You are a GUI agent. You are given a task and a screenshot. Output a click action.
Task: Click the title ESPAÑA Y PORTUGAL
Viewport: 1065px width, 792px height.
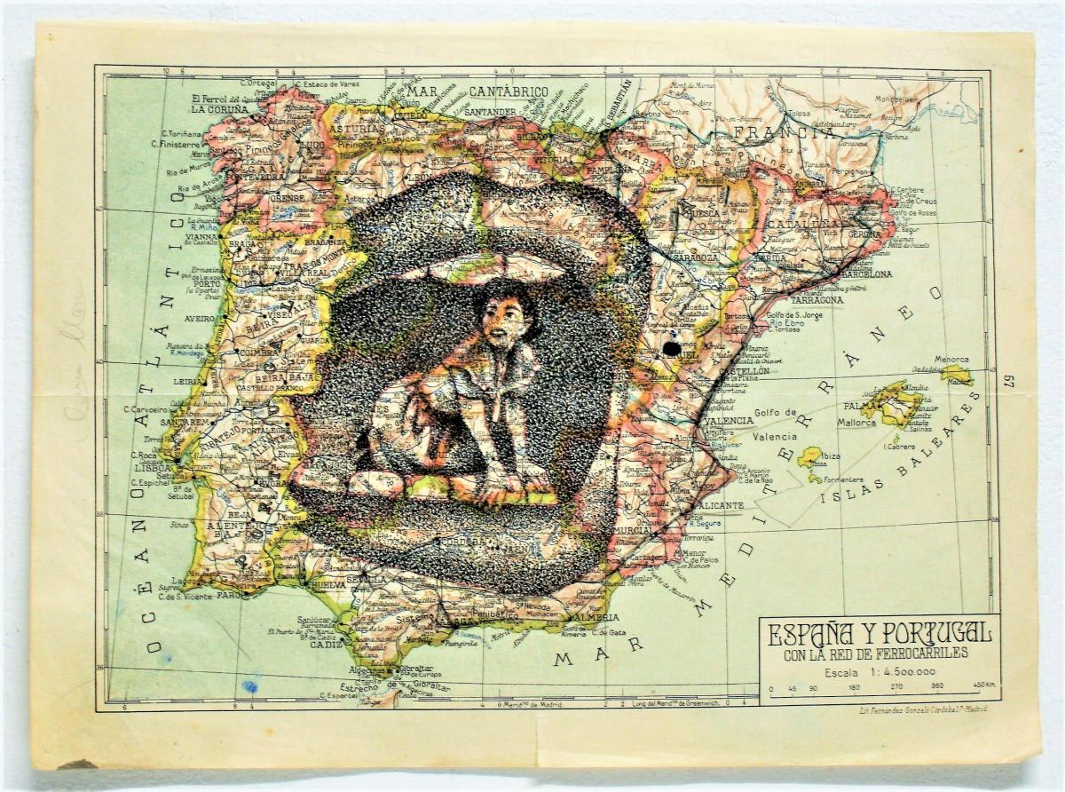tap(879, 634)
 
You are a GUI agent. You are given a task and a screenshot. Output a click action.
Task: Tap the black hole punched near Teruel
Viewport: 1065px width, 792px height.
tap(672, 349)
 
